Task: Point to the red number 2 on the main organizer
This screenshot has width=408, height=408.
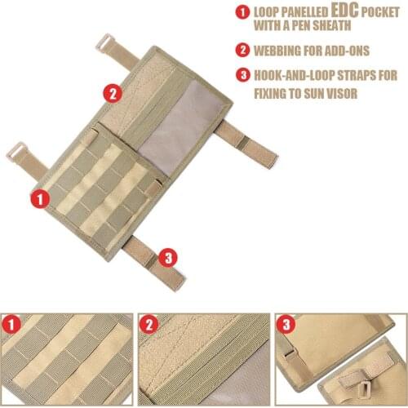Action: pyautogui.click(x=113, y=93)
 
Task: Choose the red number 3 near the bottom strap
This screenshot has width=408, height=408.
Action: pyautogui.click(x=168, y=258)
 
